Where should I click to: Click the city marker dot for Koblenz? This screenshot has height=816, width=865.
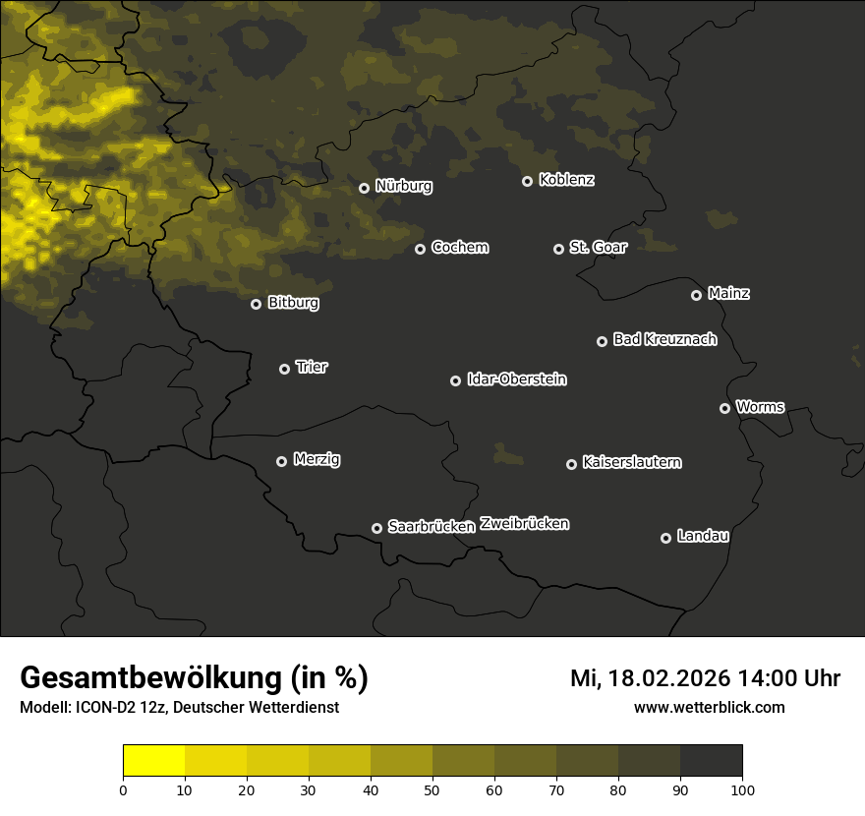point(527,181)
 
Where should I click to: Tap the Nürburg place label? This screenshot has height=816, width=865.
point(403,186)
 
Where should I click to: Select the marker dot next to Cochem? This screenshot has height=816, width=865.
point(420,249)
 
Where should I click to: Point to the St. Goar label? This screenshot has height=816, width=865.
point(598,247)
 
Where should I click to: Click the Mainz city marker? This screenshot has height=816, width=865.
point(696,295)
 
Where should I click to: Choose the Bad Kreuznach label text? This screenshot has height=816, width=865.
point(664,339)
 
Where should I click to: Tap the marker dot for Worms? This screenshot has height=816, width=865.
point(724,408)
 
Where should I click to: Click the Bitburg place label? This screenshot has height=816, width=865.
point(293,303)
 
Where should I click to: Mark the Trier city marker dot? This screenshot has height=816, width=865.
point(284,369)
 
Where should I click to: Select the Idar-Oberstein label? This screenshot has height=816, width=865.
point(516,379)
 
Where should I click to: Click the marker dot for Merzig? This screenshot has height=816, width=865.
point(281,461)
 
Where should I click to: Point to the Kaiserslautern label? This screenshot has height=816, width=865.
point(631,462)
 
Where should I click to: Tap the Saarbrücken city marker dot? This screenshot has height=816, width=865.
point(376,528)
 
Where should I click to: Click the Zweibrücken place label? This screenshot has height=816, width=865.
point(524,524)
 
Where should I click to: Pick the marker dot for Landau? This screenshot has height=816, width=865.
point(665,538)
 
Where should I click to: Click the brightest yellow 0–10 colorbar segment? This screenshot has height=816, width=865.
point(153,761)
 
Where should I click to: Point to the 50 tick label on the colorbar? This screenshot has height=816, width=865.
point(432,789)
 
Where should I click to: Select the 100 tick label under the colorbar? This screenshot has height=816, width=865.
point(741,789)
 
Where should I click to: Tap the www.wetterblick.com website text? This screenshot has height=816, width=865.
point(709,707)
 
